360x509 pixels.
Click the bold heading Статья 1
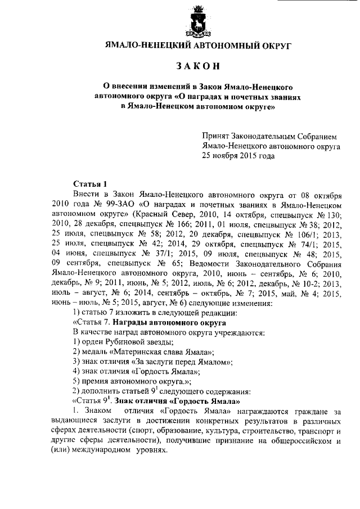(90, 183)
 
